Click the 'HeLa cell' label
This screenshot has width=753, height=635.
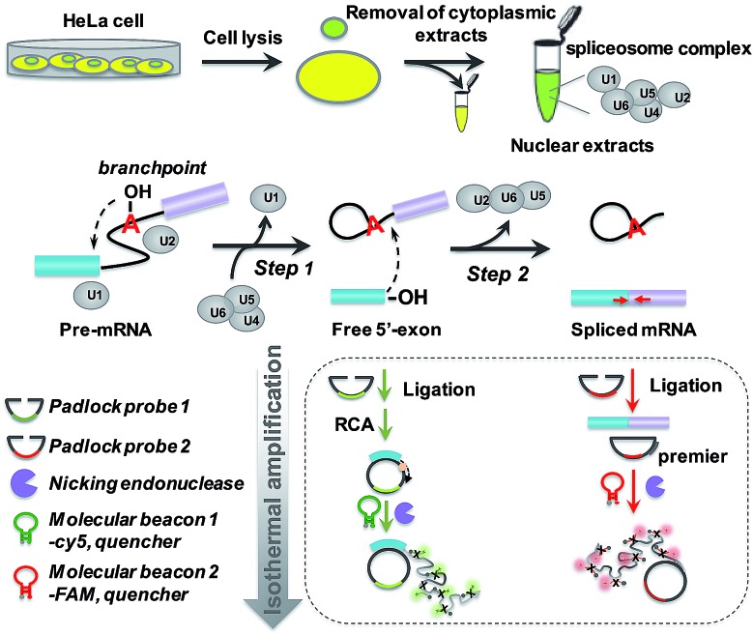(103, 21)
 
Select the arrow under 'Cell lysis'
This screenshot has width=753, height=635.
(241, 63)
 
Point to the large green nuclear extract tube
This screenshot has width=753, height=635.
(547, 81)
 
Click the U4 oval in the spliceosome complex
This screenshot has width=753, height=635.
(652, 112)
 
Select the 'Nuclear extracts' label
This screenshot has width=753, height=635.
(582, 146)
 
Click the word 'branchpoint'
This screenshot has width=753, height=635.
(152, 168)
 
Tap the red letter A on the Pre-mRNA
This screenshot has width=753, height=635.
(130, 223)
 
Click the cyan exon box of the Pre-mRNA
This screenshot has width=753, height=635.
(68, 266)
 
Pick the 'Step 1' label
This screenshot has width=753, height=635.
(284, 268)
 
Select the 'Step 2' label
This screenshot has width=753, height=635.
(498, 274)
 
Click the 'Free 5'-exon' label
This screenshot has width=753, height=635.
(387, 330)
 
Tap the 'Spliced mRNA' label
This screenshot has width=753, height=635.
(633, 330)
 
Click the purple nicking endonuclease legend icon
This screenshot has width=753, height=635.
(24, 483)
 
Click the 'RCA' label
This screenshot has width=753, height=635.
(354, 424)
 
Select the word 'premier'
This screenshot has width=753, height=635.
(692, 456)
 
